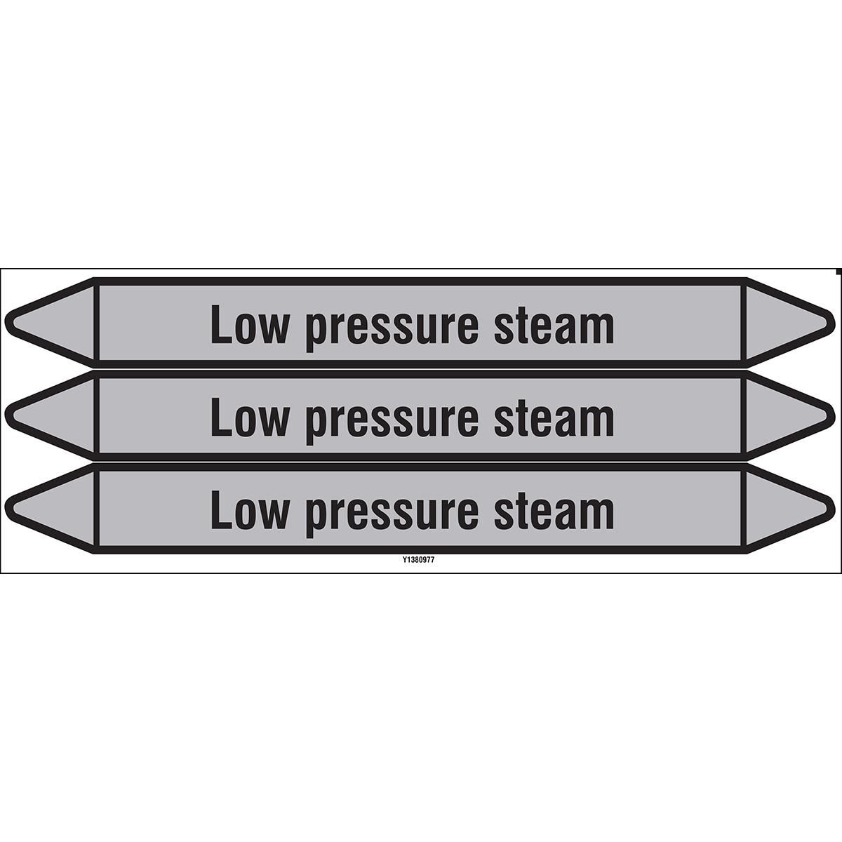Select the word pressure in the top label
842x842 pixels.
(x=391, y=330)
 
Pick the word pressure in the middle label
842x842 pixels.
(x=391, y=423)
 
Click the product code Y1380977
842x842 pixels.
(x=420, y=560)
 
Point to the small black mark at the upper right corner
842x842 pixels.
(x=839, y=272)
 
